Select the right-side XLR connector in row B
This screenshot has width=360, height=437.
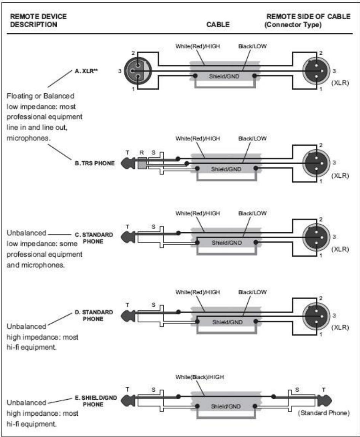tap(316, 163)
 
